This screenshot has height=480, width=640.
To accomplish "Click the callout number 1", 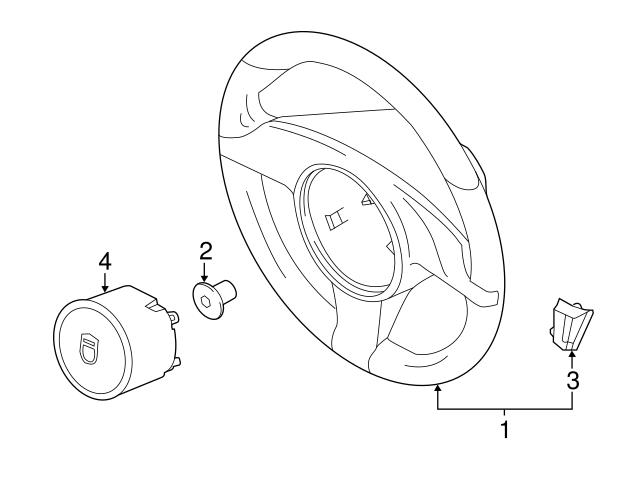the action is tap(505, 429).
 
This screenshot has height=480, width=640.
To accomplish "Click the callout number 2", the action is tap(206, 251).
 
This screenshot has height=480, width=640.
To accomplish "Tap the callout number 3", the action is tap(573, 381).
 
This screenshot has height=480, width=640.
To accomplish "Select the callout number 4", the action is tap(105, 261).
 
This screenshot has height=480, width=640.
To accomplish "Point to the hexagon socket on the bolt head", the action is tap(205, 302).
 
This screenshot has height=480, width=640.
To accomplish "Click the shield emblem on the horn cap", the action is tap(89, 348).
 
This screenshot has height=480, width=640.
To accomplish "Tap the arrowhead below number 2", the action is tap(204, 278).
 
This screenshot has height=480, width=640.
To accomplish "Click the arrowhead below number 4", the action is tap(105, 288).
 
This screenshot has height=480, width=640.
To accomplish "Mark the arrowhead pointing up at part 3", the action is tap(572, 354).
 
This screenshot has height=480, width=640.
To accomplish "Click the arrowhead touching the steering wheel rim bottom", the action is tap(438, 388).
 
